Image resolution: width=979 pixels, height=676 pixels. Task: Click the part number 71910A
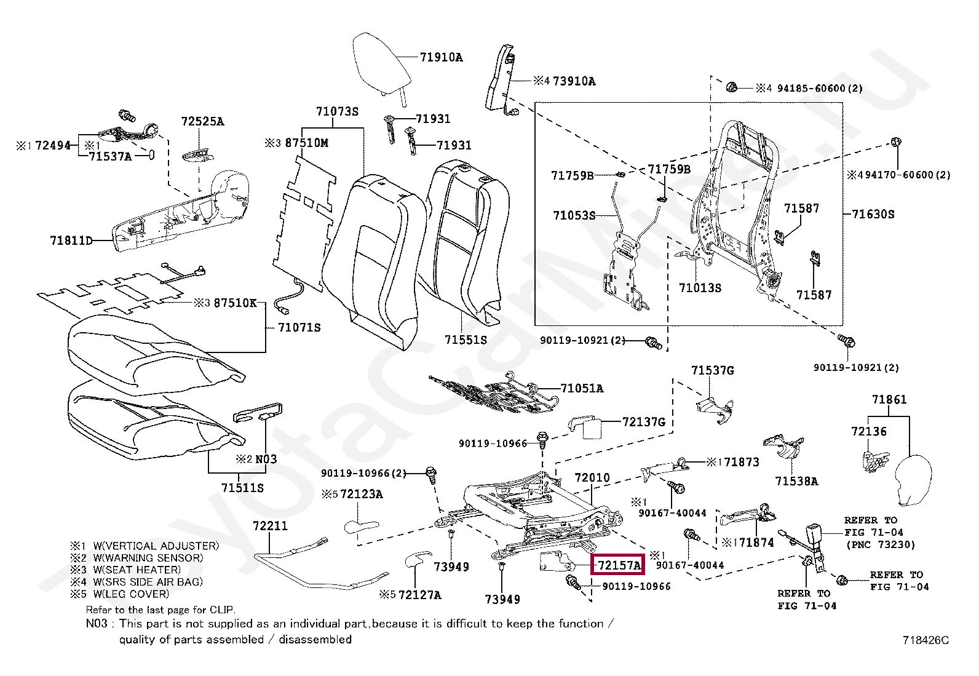point(441,57)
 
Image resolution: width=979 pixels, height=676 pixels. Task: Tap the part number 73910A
point(574,81)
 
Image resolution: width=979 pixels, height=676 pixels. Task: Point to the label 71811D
point(71,241)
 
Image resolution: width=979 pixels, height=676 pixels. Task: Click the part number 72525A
point(203,121)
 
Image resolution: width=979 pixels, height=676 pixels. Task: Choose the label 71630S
point(873,214)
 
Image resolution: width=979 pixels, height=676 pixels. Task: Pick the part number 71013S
point(700,288)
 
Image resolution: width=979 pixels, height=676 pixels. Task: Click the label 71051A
point(582,388)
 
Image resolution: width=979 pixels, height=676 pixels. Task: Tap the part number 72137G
point(644,422)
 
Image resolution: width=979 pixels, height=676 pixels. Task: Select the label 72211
point(271,525)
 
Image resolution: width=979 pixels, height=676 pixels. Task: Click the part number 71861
point(889,399)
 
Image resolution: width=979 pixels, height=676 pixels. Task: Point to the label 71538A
point(797,481)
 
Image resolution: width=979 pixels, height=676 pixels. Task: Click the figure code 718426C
point(925,640)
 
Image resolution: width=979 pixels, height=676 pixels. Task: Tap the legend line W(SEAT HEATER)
point(137,570)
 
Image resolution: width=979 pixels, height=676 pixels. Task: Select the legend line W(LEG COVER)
point(131,594)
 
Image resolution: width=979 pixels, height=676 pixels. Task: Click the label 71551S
point(466,340)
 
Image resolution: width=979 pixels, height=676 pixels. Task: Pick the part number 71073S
point(338,111)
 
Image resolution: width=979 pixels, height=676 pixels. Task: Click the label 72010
point(592,477)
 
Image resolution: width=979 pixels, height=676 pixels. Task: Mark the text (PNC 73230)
point(881,545)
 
